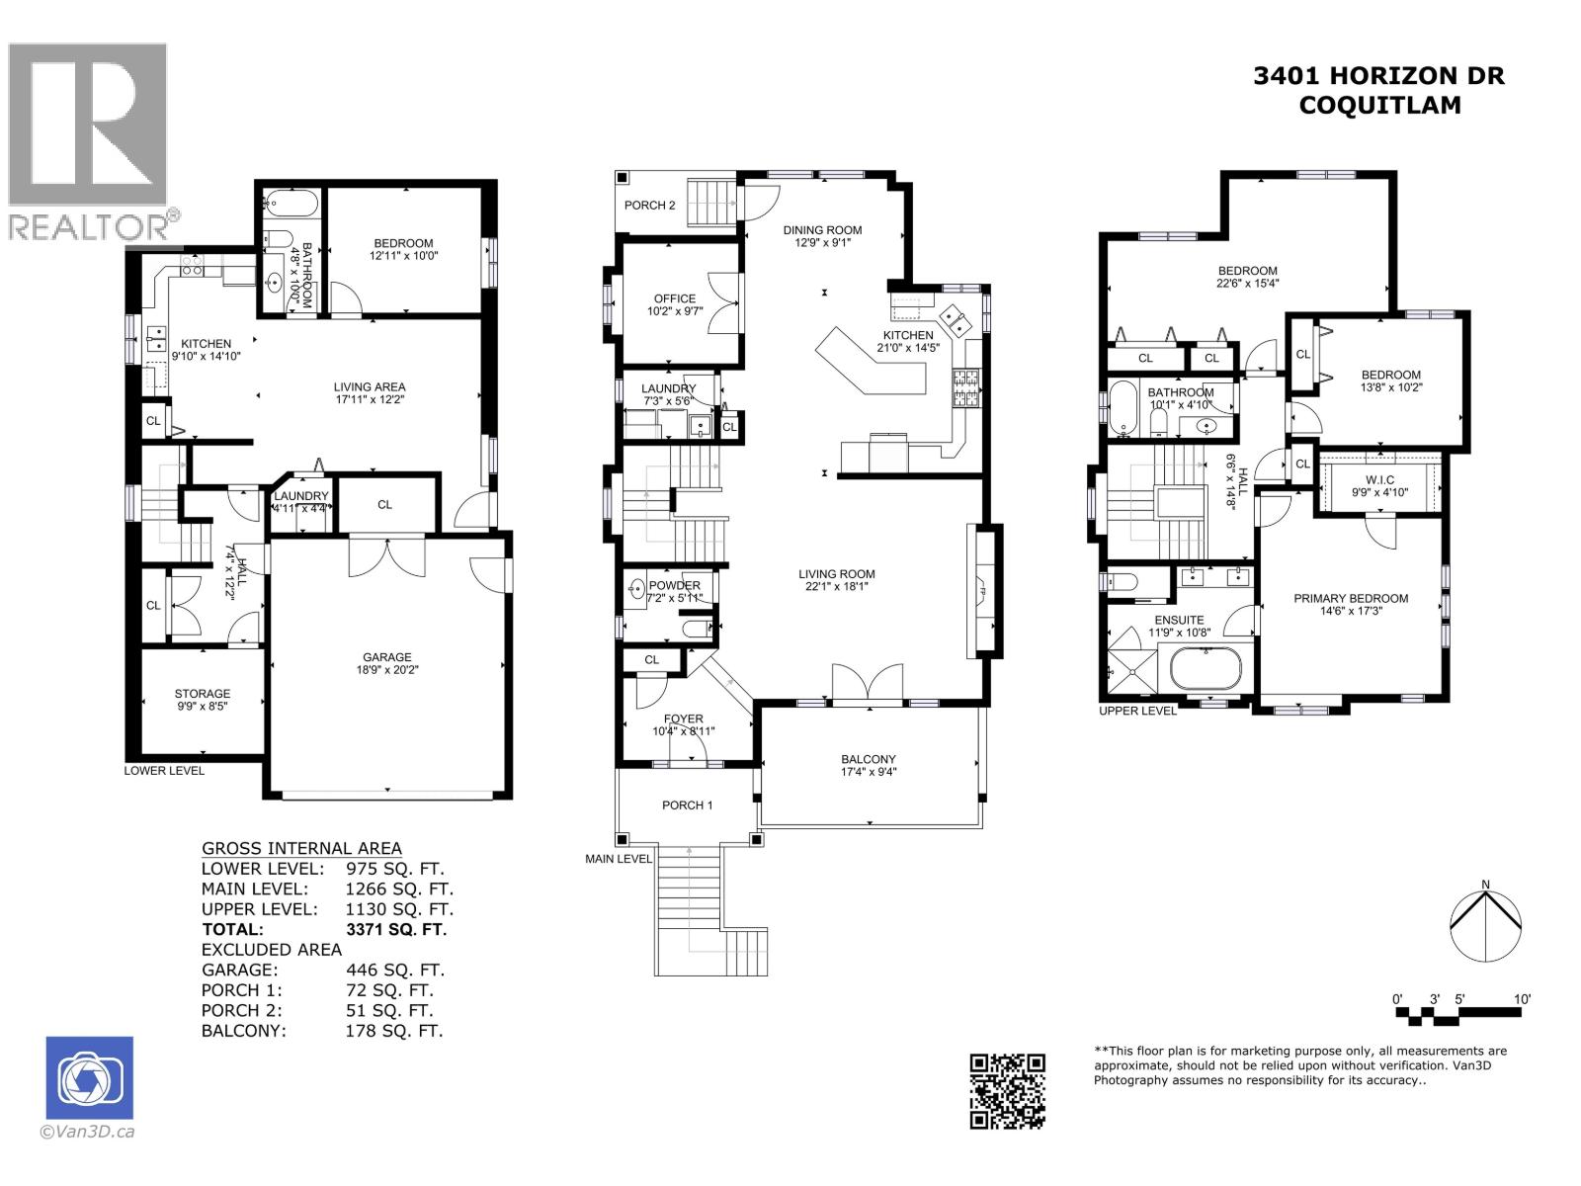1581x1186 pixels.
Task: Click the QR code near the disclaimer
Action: coord(1007,1090)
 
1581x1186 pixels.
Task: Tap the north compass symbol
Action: coord(1485,928)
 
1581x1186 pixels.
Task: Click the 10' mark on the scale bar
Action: coord(1522,999)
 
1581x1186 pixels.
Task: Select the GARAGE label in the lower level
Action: coord(386,657)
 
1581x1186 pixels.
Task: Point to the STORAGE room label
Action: coord(203,694)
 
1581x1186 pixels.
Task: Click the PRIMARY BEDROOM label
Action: coord(1351,598)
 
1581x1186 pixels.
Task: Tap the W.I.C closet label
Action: coord(1380,479)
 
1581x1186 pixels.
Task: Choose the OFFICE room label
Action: coord(675,298)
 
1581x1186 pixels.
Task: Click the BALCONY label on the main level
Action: coord(869,759)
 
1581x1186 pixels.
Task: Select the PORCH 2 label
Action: coord(650,206)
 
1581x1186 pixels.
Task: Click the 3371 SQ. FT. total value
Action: coord(396,929)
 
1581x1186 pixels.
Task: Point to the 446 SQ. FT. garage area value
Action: coord(394,970)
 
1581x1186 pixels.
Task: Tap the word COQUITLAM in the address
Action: coord(1378,106)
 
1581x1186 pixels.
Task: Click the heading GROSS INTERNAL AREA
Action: coord(301,848)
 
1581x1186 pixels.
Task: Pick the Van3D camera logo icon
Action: coord(89,1078)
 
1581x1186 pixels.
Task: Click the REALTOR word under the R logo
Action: coord(87,227)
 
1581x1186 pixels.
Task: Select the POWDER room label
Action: coord(674,585)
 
